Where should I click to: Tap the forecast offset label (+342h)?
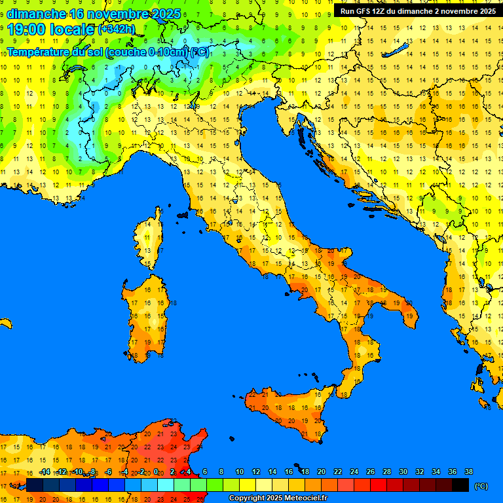pyautogui.click(x=117, y=29)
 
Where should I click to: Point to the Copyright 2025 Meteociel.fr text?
pyautogui.click(x=278, y=498)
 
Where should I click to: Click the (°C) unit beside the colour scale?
pyautogui.click(x=481, y=486)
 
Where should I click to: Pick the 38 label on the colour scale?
pyautogui.click(x=468, y=472)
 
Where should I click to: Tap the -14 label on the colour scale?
pyautogui.click(x=45, y=472)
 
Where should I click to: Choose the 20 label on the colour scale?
pyautogui.click(x=321, y=472)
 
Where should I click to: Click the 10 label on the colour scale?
pyautogui.click(x=240, y=472)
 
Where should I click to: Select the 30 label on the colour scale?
pyautogui.click(x=403, y=472)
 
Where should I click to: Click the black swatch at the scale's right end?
pyautogui.click(x=460, y=485)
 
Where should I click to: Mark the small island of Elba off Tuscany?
pyautogui.click(x=183, y=214)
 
